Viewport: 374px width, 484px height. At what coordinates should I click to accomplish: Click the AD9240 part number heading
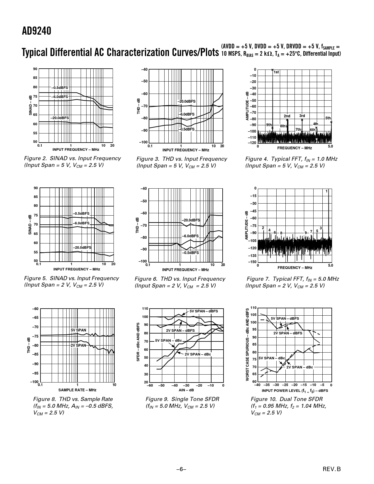click(x=36, y=31)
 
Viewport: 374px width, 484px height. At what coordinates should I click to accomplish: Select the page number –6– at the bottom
click(x=181, y=469)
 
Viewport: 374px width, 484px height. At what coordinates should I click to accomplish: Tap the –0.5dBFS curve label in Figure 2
click(x=60, y=88)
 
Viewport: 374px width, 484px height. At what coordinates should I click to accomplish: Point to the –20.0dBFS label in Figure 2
click(x=60, y=118)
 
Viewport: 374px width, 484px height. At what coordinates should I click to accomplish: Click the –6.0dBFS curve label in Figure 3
click(x=187, y=114)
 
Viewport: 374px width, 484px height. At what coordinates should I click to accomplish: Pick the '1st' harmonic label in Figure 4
click(x=276, y=72)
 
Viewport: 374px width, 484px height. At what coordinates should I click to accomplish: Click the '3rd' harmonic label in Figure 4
click(x=302, y=116)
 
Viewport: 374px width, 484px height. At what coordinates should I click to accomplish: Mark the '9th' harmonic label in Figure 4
click(x=269, y=125)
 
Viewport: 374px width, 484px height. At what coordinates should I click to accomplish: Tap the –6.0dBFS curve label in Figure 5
click(x=81, y=223)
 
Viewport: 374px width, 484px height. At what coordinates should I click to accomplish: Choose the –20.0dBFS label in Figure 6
click(x=191, y=220)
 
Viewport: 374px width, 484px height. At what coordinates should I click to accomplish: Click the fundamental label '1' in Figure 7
click(x=326, y=191)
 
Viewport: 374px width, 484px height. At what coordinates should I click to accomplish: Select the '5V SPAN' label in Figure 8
click(x=79, y=330)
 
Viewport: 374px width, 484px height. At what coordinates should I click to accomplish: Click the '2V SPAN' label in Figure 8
click(x=78, y=346)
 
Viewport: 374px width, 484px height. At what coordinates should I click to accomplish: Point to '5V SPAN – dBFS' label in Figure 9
click(x=204, y=311)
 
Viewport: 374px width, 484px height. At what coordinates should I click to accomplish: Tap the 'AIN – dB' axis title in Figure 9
click(x=186, y=390)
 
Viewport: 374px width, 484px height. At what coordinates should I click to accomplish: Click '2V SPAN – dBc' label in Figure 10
click(x=299, y=367)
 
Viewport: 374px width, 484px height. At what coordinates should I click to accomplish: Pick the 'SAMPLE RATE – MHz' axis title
click(x=77, y=390)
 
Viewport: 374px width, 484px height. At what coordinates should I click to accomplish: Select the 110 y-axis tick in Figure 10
click(x=253, y=308)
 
